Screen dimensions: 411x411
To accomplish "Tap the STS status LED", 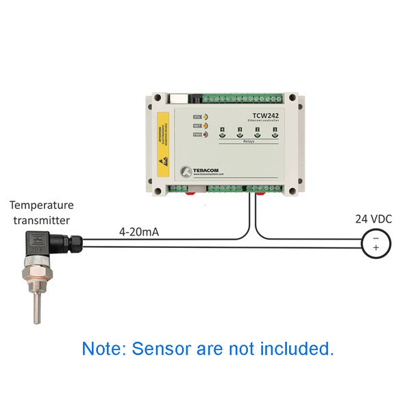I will [204, 116].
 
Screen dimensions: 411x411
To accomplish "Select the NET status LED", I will [204, 125].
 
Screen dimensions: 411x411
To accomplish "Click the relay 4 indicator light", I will [222, 135].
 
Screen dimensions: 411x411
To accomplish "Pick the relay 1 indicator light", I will [275, 135].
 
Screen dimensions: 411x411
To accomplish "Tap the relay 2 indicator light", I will [257, 135].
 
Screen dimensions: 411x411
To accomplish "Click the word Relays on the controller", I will [248, 144].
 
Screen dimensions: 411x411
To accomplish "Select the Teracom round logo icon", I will [184, 171].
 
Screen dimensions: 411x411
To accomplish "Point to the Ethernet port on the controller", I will [179, 97].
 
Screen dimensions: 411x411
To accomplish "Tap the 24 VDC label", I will [374, 220].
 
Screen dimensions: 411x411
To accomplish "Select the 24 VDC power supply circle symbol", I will [375, 243].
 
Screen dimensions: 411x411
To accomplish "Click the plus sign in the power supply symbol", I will [375, 248].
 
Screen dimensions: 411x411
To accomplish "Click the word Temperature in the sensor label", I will [42, 205].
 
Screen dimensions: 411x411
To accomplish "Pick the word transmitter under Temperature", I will [41, 219].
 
